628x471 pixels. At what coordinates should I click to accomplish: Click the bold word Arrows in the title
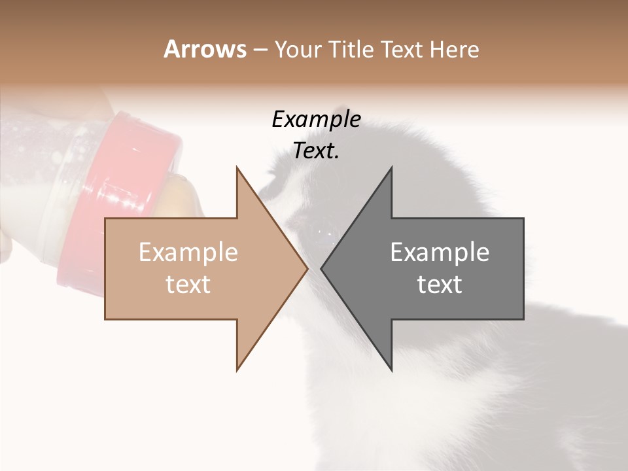pyautogui.click(x=205, y=49)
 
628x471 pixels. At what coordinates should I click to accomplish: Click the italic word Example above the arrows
pyautogui.click(x=317, y=119)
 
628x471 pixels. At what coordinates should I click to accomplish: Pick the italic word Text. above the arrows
pyautogui.click(x=317, y=151)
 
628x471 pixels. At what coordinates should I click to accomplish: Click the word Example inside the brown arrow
pyautogui.click(x=188, y=253)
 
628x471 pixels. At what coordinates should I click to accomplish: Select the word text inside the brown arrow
pyautogui.click(x=188, y=285)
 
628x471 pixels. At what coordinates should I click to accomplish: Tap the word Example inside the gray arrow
pyautogui.click(x=440, y=253)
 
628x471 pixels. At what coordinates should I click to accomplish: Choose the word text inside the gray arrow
pyautogui.click(x=440, y=285)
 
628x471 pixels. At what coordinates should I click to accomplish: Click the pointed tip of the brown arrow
pyautogui.click(x=307, y=268)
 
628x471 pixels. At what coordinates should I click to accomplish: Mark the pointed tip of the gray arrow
pyautogui.click(x=322, y=268)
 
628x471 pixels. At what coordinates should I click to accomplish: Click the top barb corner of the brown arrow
pyautogui.click(x=237, y=168)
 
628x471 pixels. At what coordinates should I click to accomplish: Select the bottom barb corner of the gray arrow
pyautogui.click(x=391, y=370)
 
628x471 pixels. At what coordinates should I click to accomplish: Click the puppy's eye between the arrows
pyautogui.click(x=321, y=231)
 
